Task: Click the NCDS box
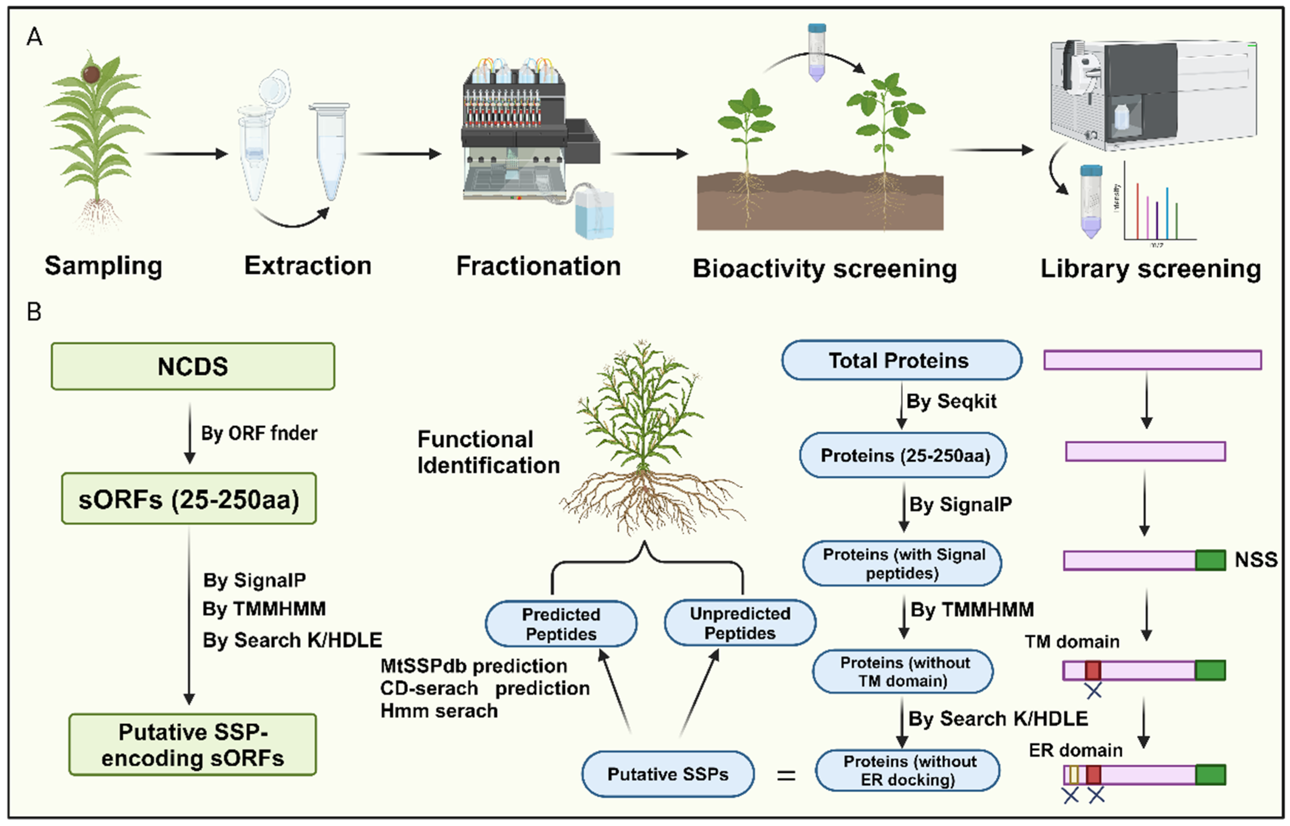tap(193, 367)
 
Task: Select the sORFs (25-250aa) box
tap(189, 499)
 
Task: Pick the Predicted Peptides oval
tap(561, 624)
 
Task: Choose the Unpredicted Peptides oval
tap(740, 623)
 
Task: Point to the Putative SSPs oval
tap(667, 774)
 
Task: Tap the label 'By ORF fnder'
tap(259, 433)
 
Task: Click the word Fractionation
tap(538, 266)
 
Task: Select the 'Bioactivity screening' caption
tap(825, 269)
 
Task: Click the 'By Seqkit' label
tap(951, 401)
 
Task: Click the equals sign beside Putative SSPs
tap(786, 775)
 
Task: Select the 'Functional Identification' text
tap(488, 452)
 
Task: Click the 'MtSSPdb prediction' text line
tap(473, 666)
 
